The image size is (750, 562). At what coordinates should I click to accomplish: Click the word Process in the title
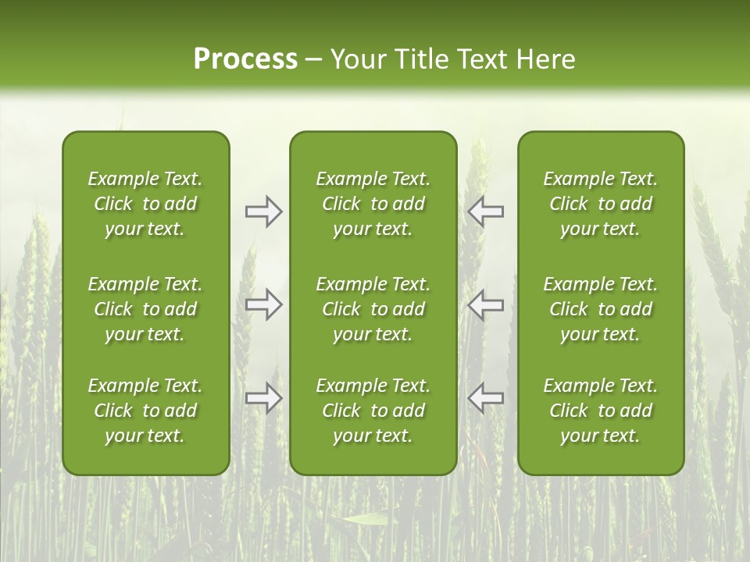point(245,59)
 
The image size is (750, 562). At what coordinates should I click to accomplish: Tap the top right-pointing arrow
point(264,212)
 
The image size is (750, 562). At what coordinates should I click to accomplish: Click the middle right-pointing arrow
point(264,304)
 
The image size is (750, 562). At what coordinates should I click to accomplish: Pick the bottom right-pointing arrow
point(264,398)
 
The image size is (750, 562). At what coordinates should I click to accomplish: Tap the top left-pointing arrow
point(485,212)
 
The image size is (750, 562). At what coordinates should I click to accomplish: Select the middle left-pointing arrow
point(485,304)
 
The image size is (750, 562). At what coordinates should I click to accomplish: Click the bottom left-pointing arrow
point(485,398)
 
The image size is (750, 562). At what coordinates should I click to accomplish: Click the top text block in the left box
point(145,204)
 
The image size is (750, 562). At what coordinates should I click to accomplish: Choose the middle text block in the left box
point(145,309)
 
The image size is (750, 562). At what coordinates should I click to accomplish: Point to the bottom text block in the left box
point(145,411)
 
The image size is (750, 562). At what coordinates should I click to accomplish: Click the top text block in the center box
point(373,204)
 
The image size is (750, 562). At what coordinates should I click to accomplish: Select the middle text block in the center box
point(373,309)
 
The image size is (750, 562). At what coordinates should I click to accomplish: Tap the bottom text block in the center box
point(373,411)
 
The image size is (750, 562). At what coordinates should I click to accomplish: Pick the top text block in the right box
point(600,204)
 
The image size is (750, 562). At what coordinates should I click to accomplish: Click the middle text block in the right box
point(600,309)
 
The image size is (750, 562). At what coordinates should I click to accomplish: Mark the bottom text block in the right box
point(600,411)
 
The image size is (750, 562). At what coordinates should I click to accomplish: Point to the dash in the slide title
point(313,60)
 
